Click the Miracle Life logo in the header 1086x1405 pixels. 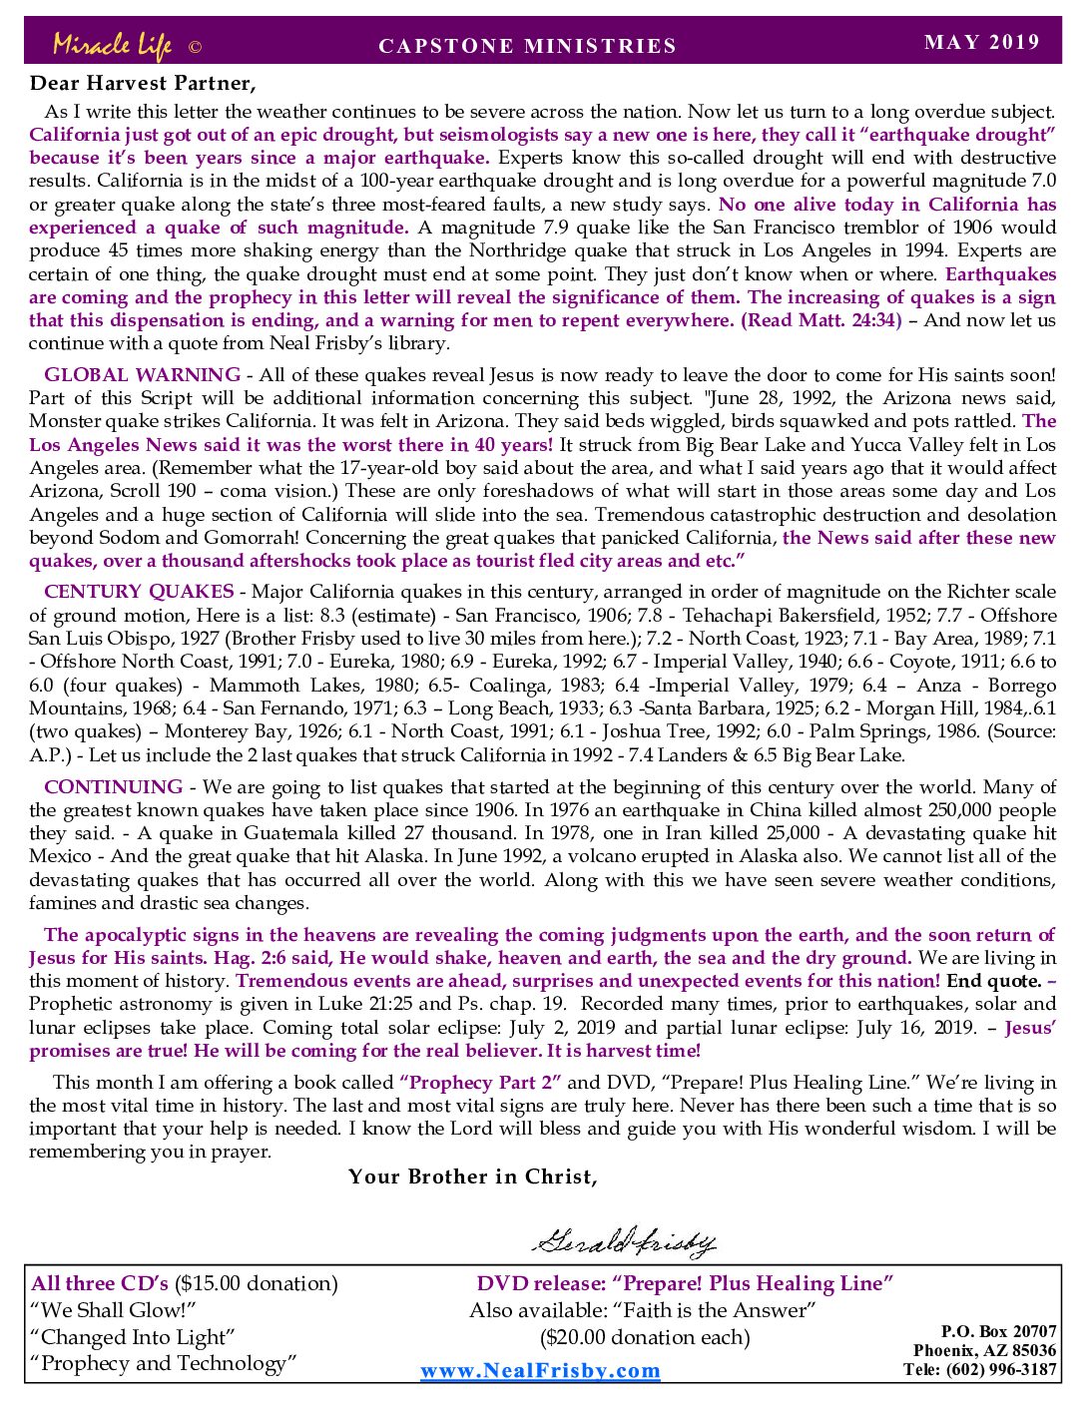tap(112, 45)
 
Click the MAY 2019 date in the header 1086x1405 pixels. tap(982, 42)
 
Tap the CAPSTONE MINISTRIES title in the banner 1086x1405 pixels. tap(527, 46)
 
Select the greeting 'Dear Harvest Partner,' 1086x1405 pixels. tap(143, 83)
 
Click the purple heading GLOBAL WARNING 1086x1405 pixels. tap(142, 375)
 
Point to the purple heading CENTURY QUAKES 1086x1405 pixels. tap(139, 592)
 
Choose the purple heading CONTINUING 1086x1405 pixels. tap(113, 786)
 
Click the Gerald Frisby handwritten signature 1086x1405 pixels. tap(623, 1241)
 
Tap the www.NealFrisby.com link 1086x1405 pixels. tap(540, 1370)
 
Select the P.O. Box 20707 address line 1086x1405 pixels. tap(998, 1331)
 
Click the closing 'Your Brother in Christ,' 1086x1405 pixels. tap(473, 1176)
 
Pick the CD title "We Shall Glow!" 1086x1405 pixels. tap(113, 1310)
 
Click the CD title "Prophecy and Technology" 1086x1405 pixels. tap(164, 1364)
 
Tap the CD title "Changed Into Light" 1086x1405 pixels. tap(133, 1337)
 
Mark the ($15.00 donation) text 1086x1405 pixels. tap(257, 1283)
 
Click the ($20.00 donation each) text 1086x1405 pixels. tap(645, 1337)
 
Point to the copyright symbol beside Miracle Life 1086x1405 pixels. tap(195, 47)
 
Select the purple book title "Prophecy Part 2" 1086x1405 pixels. tap(480, 1083)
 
